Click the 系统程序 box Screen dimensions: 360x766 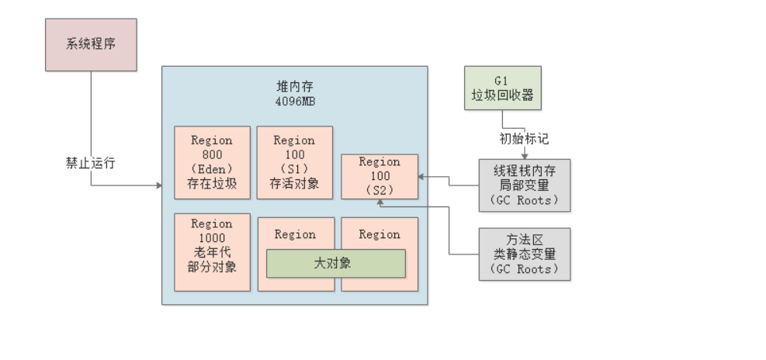point(91,45)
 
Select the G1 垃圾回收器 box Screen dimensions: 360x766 point(502,89)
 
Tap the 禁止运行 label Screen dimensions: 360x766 point(92,164)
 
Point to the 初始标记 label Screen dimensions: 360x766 point(524,140)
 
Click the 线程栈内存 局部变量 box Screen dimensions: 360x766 point(525,185)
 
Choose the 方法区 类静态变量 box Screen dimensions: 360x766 point(525,254)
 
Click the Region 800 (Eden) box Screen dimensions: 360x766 point(212,163)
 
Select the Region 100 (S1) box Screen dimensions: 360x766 point(294,163)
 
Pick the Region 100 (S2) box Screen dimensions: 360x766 point(380,176)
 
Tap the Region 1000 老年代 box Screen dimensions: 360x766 point(212,252)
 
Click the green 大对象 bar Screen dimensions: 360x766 point(335,263)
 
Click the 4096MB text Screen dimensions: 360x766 point(294,101)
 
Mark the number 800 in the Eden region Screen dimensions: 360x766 point(212,154)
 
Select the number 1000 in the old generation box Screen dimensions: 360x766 point(212,238)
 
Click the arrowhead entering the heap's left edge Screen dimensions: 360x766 point(159,185)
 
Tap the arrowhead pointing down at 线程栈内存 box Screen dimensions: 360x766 point(524,155)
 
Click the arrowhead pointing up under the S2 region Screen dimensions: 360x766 point(380,202)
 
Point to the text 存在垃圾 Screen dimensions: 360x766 point(212,184)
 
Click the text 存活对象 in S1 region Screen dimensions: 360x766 point(294,184)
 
